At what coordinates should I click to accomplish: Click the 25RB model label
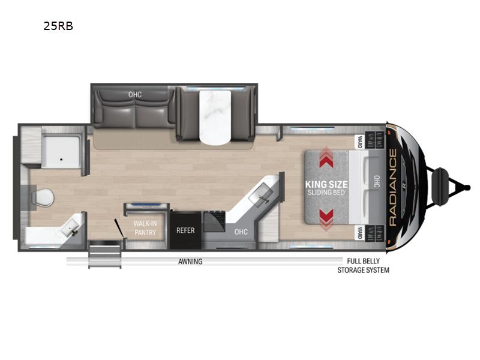(x=58, y=26)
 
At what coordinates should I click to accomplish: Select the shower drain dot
(x=61, y=160)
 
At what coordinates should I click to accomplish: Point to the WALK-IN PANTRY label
(x=145, y=228)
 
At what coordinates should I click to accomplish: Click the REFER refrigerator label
(x=185, y=230)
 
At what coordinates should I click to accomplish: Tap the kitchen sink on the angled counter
(x=261, y=195)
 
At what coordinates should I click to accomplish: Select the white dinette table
(x=215, y=118)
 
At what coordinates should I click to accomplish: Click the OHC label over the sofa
(x=135, y=95)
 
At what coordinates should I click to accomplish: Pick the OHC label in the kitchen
(x=241, y=232)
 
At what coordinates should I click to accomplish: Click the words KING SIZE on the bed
(x=326, y=184)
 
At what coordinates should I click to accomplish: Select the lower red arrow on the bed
(x=326, y=220)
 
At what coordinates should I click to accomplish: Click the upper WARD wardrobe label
(x=359, y=142)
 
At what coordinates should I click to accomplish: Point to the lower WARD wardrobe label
(x=359, y=233)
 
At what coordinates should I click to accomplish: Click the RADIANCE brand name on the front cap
(x=392, y=187)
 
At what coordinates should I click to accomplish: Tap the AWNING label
(x=190, y=262)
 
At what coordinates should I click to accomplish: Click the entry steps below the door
(x=104, y=254)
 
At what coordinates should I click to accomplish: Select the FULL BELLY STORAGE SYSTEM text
(x=364, y=266)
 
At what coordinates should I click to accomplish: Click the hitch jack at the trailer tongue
(x=440, y=187)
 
